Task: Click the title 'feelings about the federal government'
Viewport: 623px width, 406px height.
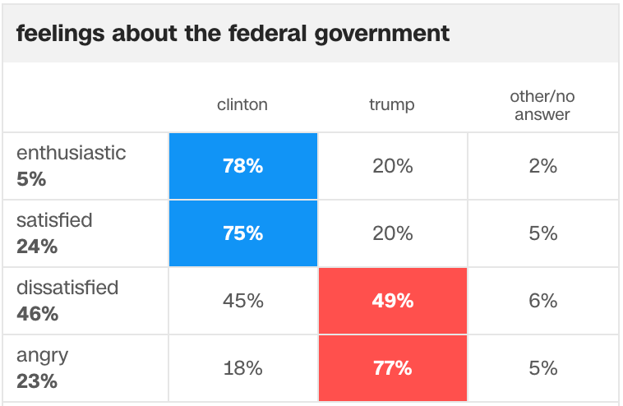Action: click(x=233, y=34)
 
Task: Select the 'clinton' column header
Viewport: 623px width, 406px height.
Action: click(x=242, y=104)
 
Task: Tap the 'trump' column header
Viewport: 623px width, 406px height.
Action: click(x=392, y=104)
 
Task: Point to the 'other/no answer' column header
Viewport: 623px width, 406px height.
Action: click(x=542, y=105)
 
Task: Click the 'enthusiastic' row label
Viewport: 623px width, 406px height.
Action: click(x=72, y=152)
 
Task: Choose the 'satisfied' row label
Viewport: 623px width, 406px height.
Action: click(x=55, y=219)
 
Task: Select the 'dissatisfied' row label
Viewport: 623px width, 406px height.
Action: click(x=67, y=288)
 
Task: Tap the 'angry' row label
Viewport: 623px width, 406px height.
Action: click(x=43, y=355)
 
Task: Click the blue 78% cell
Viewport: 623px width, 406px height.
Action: click(x=243, y=166)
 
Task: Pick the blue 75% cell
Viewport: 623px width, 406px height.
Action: click(x=243, y=233)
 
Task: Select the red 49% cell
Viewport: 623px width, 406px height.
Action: click(x=393, y=301)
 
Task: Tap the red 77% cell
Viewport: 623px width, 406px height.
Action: click(x=393, y=368)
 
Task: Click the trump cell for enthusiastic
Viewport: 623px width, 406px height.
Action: click(x=393, y=166)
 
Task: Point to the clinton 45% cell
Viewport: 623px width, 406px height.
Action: click(x=243, y=301)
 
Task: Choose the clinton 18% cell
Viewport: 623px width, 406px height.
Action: click(x=243, y=368)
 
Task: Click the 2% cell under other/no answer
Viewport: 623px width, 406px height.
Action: click(x=543, y=166)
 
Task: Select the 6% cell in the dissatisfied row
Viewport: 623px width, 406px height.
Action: click(x=543, y=301)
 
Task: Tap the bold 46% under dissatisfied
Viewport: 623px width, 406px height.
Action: click(x=37, y=314)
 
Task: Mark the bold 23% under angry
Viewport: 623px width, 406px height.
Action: click(x=37, y=381)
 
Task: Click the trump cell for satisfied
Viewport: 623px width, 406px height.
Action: click(x=393, y=233)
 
